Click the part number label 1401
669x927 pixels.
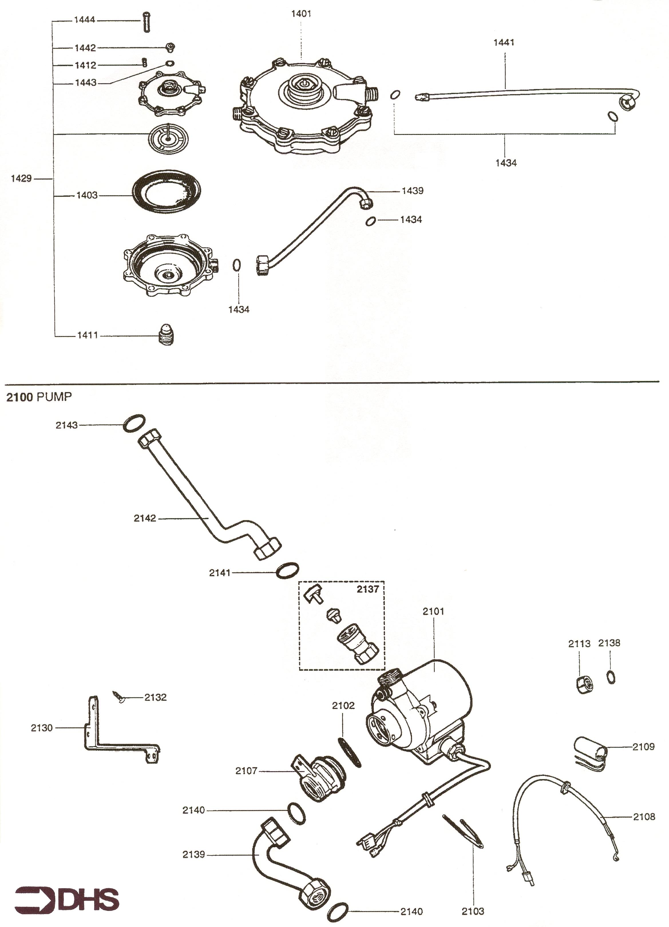point(301,13)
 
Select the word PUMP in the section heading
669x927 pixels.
point(54,397)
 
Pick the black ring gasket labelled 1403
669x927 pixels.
point(168,192)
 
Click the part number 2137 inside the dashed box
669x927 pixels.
point(368,589)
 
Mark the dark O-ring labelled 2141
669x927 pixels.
point(287,571)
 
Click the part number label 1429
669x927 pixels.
point(21,179)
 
